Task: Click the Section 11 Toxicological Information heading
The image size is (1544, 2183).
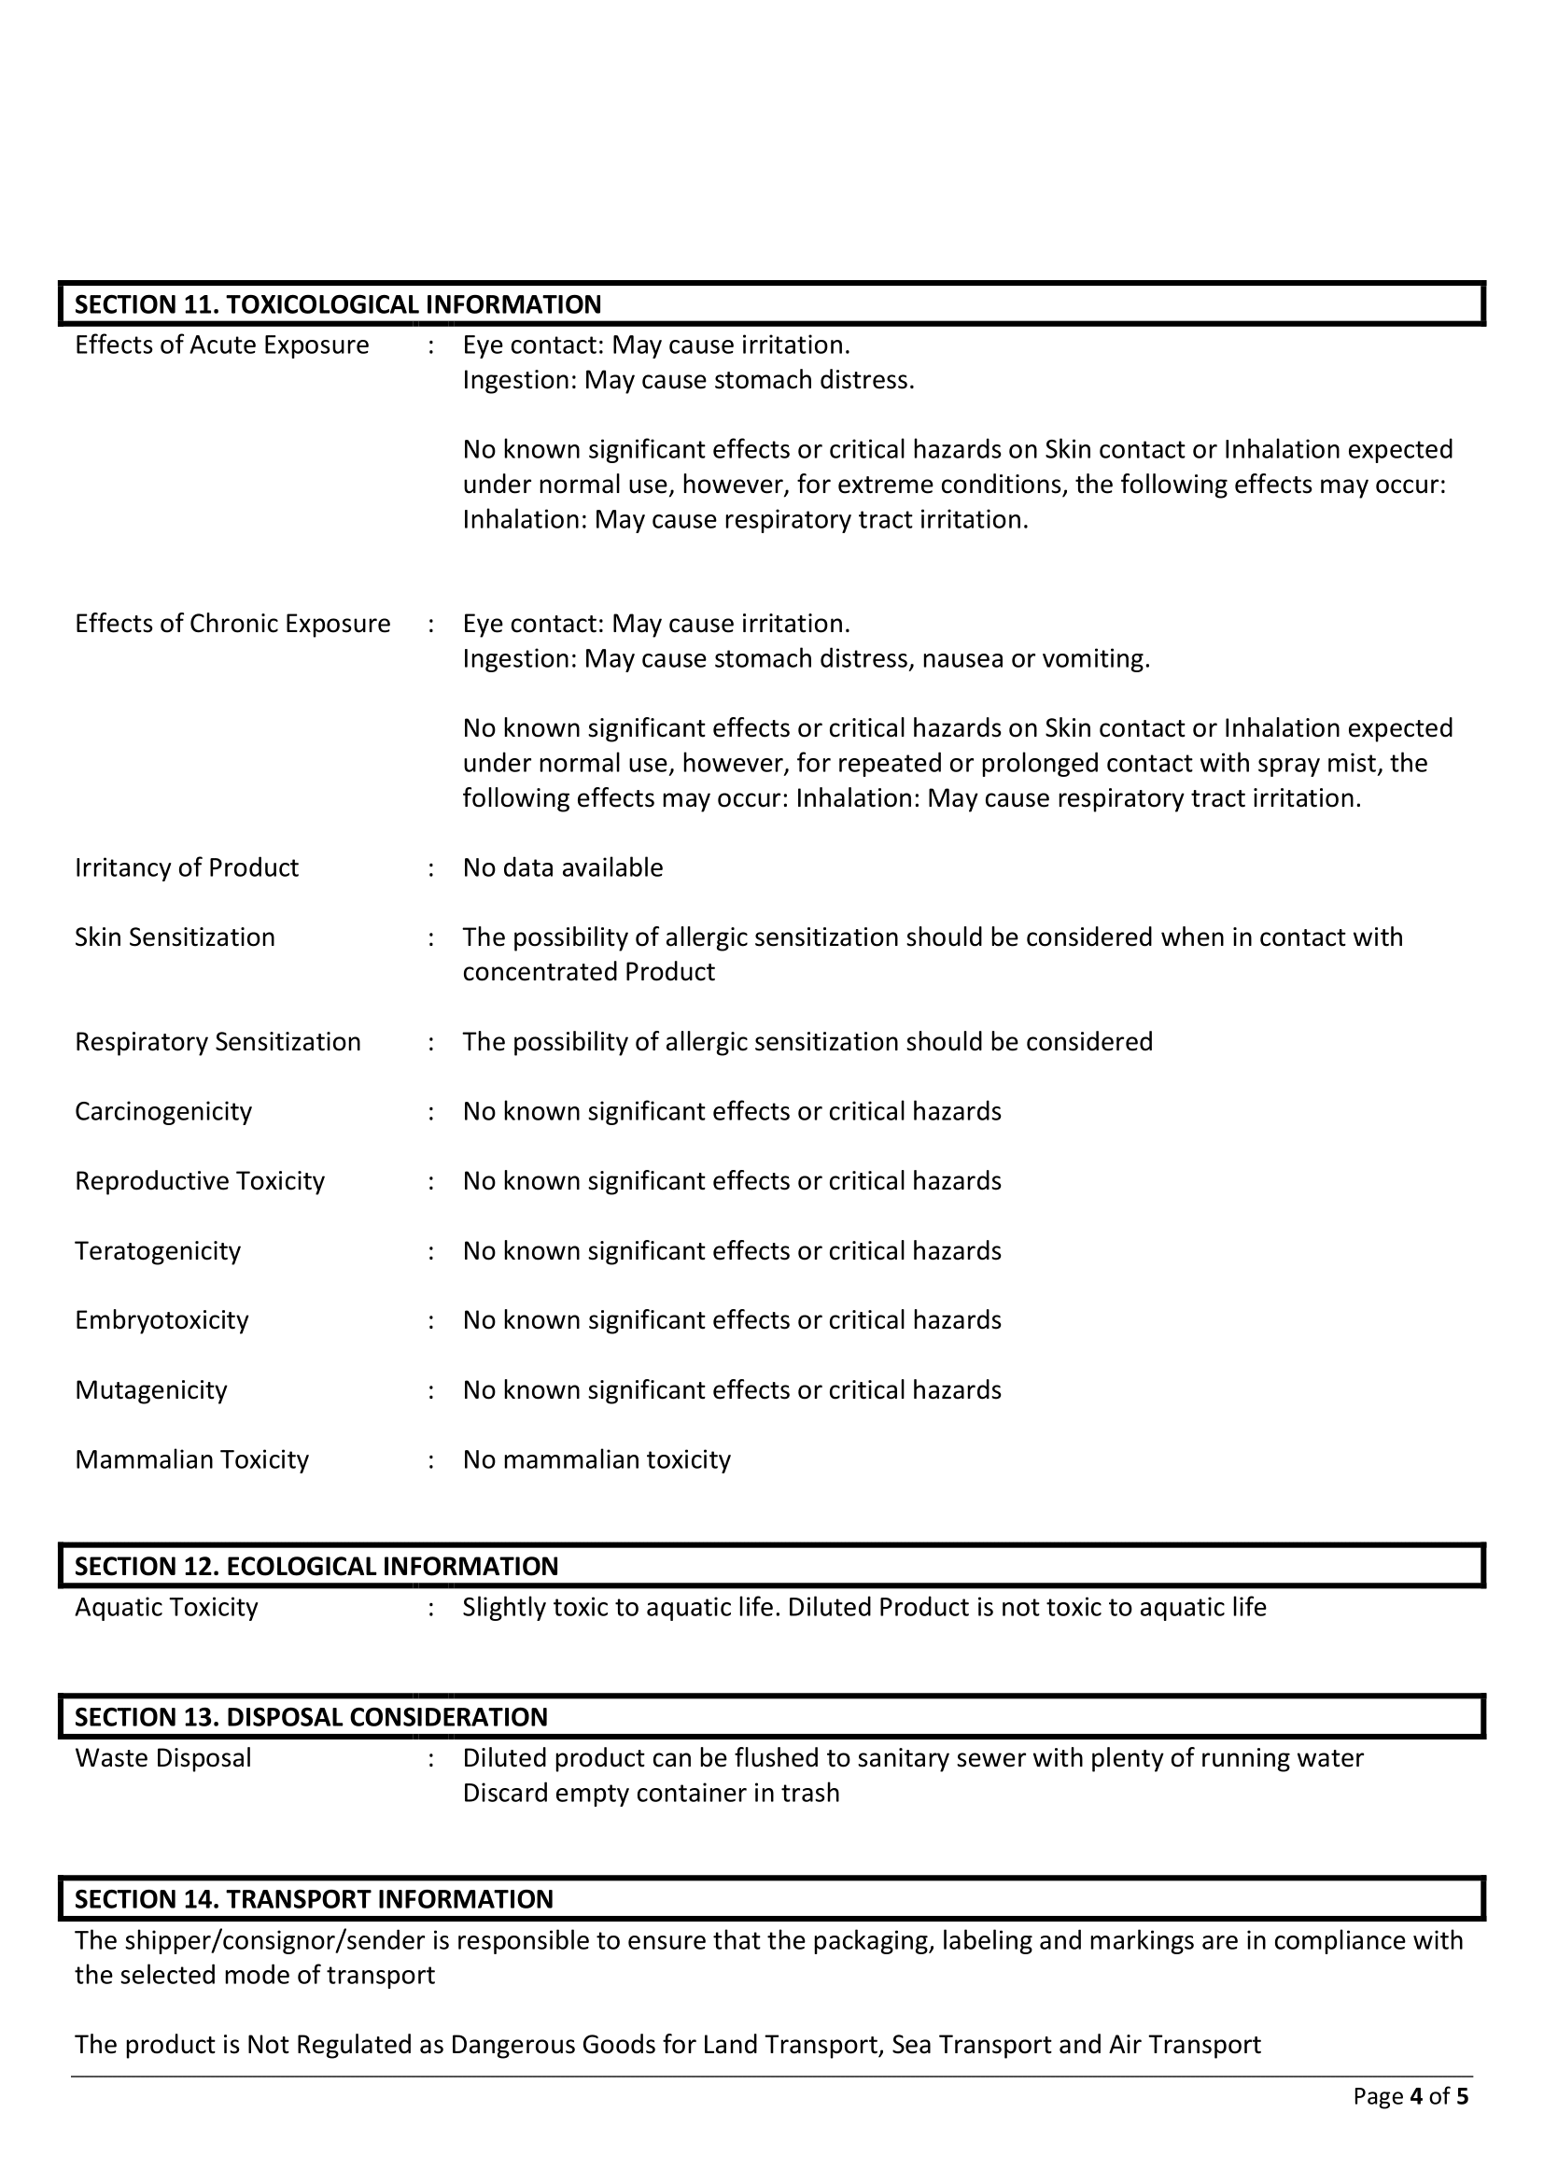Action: tap(338, 304)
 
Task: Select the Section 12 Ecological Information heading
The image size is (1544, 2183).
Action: tap(316, 1566)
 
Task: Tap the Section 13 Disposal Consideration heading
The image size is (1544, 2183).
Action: tap(311, 1716)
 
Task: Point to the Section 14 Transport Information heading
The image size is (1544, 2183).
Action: tap(314, 1899)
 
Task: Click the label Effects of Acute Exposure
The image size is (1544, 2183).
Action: tap(221, 345)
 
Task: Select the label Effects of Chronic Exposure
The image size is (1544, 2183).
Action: tap(233, 624)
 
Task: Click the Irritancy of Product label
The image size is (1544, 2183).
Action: tap(187, 867)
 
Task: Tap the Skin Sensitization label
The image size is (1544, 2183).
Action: tap(175, 937)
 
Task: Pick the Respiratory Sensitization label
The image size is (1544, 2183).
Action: tap(218, 1042)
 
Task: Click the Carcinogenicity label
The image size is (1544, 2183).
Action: tap(163, 1111)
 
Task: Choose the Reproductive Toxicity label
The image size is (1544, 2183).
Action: tap(200, 1181)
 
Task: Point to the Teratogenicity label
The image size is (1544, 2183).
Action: tap(158, 1250)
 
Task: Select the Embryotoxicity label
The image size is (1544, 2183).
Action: tap(161, 1319)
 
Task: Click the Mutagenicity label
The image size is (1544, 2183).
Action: tap(151, 1390)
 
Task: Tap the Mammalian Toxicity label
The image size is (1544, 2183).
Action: tap(192, 1459)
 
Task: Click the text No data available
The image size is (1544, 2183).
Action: tap(563, 867)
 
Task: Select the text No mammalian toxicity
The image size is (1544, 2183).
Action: tap(597, 1459)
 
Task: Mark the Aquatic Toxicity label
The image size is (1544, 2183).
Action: tap(166, 1607)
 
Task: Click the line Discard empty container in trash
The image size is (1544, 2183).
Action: tap(652, 1793)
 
